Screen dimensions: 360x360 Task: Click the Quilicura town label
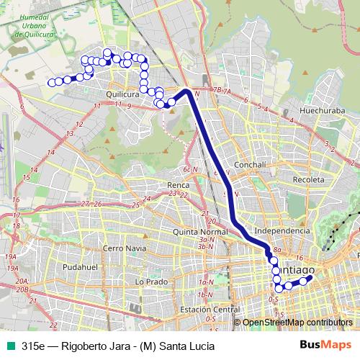click(x=122, y=94)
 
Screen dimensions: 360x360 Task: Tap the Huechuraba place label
click(x=307, y=112)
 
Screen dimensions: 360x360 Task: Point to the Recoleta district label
click(x=310, y=177)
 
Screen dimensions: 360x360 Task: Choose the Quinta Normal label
click(x=199, y=232)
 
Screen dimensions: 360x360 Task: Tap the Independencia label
click(x=282, y=230)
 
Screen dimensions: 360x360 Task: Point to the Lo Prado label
click(x=150, y=281)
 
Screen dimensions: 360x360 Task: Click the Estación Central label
click(x=210, y=309)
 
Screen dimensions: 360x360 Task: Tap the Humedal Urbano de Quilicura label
click(x=35, y=27)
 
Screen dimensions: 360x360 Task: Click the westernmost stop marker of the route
click(x=51, y=83)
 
